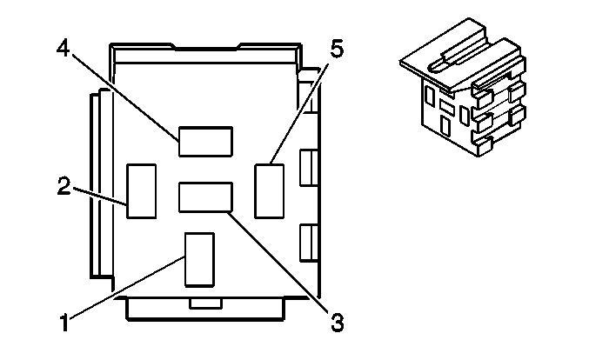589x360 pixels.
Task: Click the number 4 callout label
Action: (x=63, y=48)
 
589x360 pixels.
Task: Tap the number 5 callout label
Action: (x=337, y=49)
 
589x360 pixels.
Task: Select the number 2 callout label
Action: (x=64, y=185)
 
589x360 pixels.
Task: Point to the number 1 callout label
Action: (x=65, y=323)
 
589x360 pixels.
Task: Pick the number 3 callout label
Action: (x=338, y=323)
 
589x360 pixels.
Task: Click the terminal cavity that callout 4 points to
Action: (x=205, y=142)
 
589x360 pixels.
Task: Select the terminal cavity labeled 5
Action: (x=270, y=190)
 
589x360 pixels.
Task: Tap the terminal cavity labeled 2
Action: (x=142, y=190)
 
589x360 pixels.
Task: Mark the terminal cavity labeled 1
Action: (x=199, y=260)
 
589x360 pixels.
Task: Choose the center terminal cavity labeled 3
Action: (x=205, y=197)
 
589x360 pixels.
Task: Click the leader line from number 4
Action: (x=125, y=97)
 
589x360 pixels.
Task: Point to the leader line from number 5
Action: (x=299, y=114)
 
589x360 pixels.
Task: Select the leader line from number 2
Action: (x=99, y=196)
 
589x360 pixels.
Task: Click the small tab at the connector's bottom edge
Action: (x=205, y=303)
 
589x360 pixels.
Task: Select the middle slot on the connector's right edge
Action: (x=309, y=168)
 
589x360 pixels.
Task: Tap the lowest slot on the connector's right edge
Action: (x=309, y=243)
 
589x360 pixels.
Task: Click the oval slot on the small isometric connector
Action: (x=437, y=65)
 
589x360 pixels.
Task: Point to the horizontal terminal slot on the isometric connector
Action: (x=447, y=107)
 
